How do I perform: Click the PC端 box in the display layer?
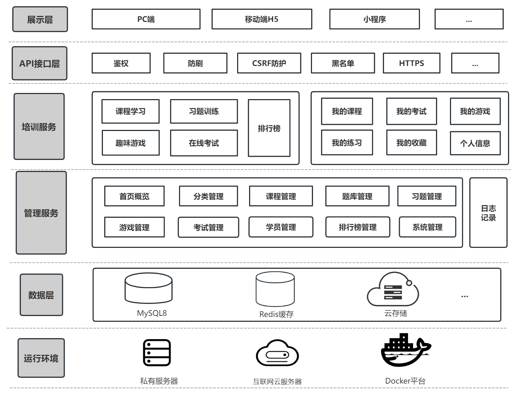click(146, 19)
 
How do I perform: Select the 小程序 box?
click(374, 19)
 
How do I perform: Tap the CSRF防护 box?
click(269, 63)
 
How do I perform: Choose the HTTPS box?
click(411, 63)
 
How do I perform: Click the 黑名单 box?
click(343, 63)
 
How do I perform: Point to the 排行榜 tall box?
click(269, 128)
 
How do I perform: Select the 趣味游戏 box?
click(131, 143)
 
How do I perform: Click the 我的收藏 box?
click(411, 143)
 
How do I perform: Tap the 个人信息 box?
click(475, 143)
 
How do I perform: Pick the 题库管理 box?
click(357, 196)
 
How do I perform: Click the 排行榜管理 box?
click(357, 227)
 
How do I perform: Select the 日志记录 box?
click(488, 213)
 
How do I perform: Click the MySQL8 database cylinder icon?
click(149, 288)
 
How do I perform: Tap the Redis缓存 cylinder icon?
click(275, 289)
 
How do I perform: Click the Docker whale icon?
click(405, 350)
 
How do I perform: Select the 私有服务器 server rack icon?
click(156, 352)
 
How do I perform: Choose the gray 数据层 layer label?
click(41, 295)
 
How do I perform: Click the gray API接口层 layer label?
click(40, 63)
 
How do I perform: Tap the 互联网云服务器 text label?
click(277, 382)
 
